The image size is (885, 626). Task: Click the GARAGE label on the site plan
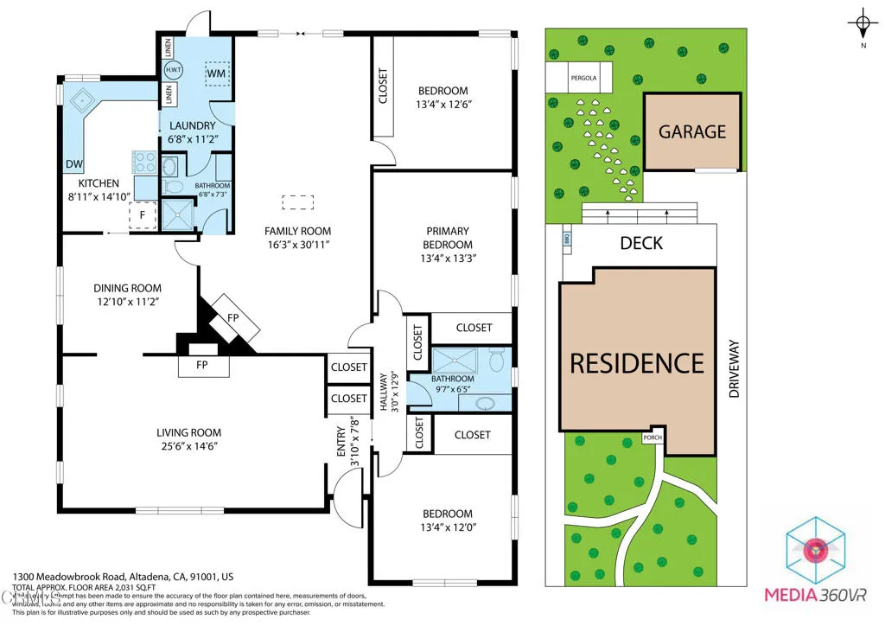point(692,131)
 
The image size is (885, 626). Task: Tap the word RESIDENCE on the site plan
point(637,362)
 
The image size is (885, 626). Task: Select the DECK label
point(641,243)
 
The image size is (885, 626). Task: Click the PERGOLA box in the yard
point(583,78)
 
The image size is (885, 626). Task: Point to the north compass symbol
point(863,23)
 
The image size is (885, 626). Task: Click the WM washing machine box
point(217,74)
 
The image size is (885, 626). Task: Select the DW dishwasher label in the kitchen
point(73,164)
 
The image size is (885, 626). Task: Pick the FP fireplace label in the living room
point(203,366)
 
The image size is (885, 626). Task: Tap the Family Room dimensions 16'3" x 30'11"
point(297,245)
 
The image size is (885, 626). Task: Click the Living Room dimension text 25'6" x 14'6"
point(188,446)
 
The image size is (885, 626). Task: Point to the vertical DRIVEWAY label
point(734,367)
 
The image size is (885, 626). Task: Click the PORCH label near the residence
point(653,438)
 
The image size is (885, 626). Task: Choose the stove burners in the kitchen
point(143,161)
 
